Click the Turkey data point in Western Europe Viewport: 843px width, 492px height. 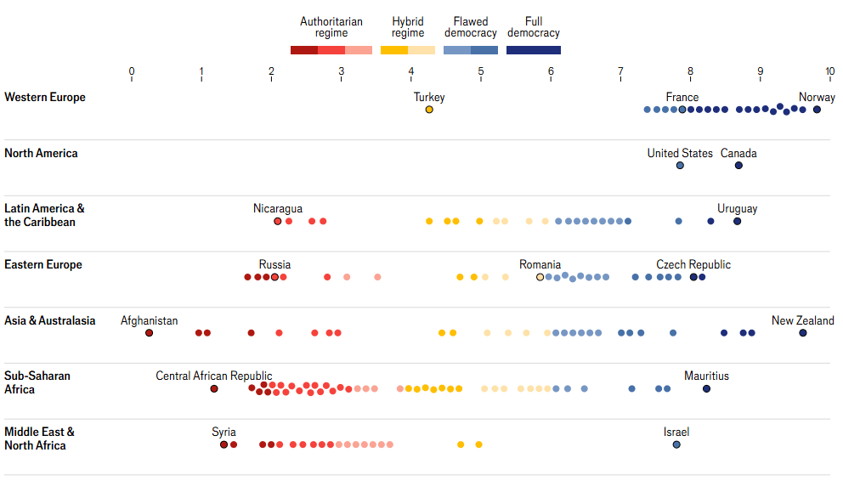coord(429,110)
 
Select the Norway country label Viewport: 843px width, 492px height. coord(817,97)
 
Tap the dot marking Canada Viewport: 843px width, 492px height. coord(738,166)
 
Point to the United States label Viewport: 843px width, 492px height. coord(680,153)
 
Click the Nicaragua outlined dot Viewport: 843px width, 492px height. coord(278,222)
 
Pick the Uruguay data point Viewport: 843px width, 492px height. coord(737,222)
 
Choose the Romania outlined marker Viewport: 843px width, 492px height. coord(540,277)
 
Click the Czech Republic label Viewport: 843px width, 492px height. coord(693,264)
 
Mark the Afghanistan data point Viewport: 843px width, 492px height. coord(150,333)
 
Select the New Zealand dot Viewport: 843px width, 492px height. coord(803,333)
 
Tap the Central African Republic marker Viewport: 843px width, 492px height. coord(214,389)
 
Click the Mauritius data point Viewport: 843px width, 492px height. coord(706,389)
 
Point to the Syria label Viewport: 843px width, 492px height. coord(223,432)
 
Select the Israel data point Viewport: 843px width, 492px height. coord(676,444)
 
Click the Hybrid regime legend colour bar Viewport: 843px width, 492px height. coord(408,50)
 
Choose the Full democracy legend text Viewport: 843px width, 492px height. coord(534,27)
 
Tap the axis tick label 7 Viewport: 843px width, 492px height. coord(620,72)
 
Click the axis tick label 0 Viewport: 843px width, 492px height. coord(132,72)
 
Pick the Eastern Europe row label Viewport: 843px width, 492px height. coord(43,264)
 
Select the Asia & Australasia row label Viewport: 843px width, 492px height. coord(50,320)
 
